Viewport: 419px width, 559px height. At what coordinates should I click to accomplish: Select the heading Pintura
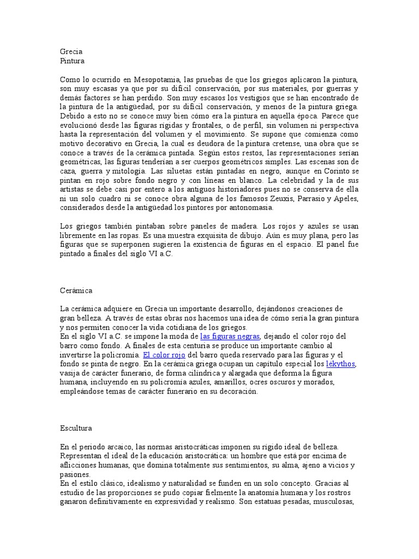[72, 61]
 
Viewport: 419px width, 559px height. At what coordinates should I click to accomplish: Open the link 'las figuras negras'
[230, 336]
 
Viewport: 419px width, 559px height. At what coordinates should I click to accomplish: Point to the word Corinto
[327, 171]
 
